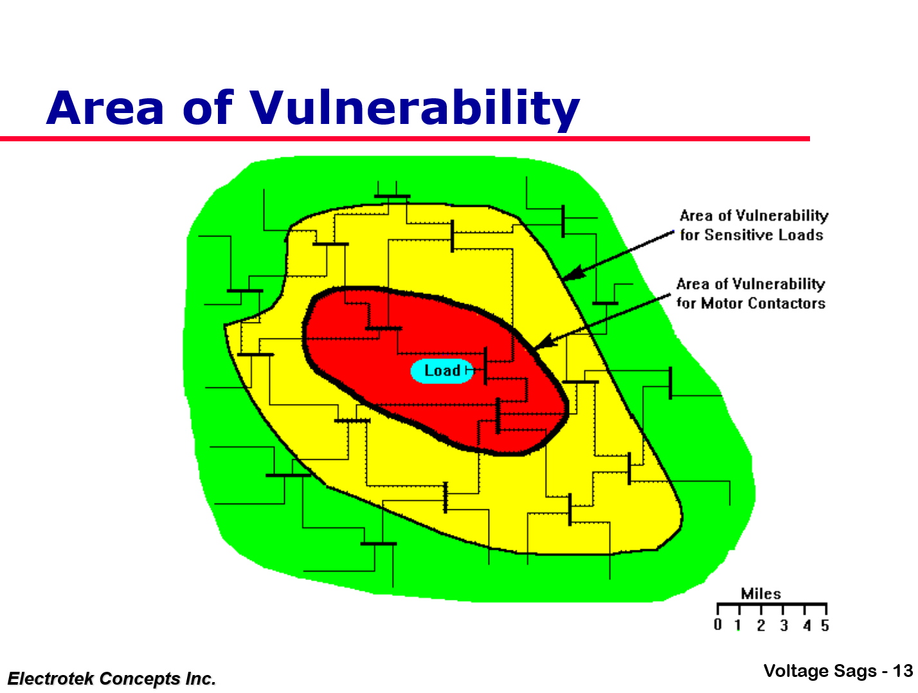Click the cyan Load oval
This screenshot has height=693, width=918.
(442, 371)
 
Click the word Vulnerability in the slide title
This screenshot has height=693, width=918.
(415, 109)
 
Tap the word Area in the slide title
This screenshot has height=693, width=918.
(105, 108)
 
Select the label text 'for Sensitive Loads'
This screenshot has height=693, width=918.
(751, 235)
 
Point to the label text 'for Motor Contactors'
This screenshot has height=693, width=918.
(751, 303)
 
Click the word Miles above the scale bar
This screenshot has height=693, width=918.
(760, 593)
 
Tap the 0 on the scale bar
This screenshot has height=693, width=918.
(717, 624)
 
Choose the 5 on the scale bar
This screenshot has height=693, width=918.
(825, 625)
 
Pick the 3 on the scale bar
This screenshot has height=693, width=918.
(784, 625)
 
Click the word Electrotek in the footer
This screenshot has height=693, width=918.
(51, 678)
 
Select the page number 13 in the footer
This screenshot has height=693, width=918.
(903, 671)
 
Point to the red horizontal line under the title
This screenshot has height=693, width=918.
(405, 139)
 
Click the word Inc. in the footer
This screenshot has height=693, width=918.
(201, 678)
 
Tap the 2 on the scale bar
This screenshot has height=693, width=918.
(760, 625)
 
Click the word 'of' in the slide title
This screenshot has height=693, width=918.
(208, 107)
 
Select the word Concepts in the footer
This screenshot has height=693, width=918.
(141, 680)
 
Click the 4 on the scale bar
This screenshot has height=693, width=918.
(807, 625)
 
